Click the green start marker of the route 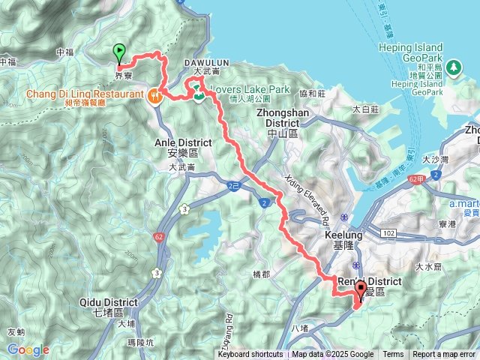[119, 52]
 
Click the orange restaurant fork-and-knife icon [154, 95]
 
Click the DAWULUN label [206, 64]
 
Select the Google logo [28, 349]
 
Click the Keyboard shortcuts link [250, 355]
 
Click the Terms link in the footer [393, 355]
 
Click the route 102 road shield [387, 234]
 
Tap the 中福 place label [66, 52]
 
